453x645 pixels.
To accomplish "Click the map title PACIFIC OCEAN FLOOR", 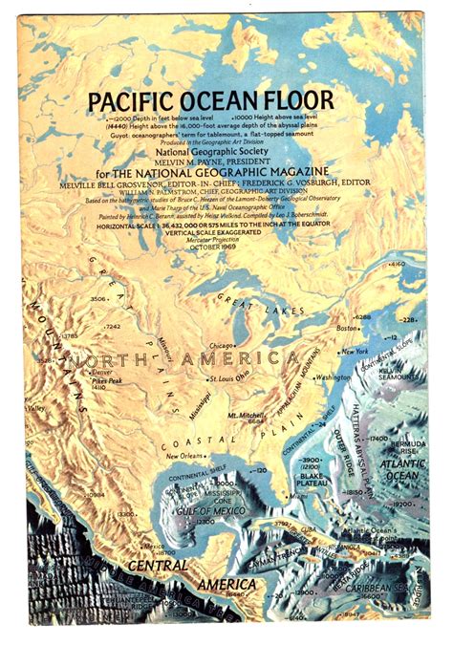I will click(210, 99).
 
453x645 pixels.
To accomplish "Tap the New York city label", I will click(354, 352).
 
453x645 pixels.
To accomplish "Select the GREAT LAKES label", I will click(246, 300).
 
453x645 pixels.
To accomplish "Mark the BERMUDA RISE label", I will click(413, 449).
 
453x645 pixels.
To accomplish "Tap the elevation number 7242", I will click(113, 327).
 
